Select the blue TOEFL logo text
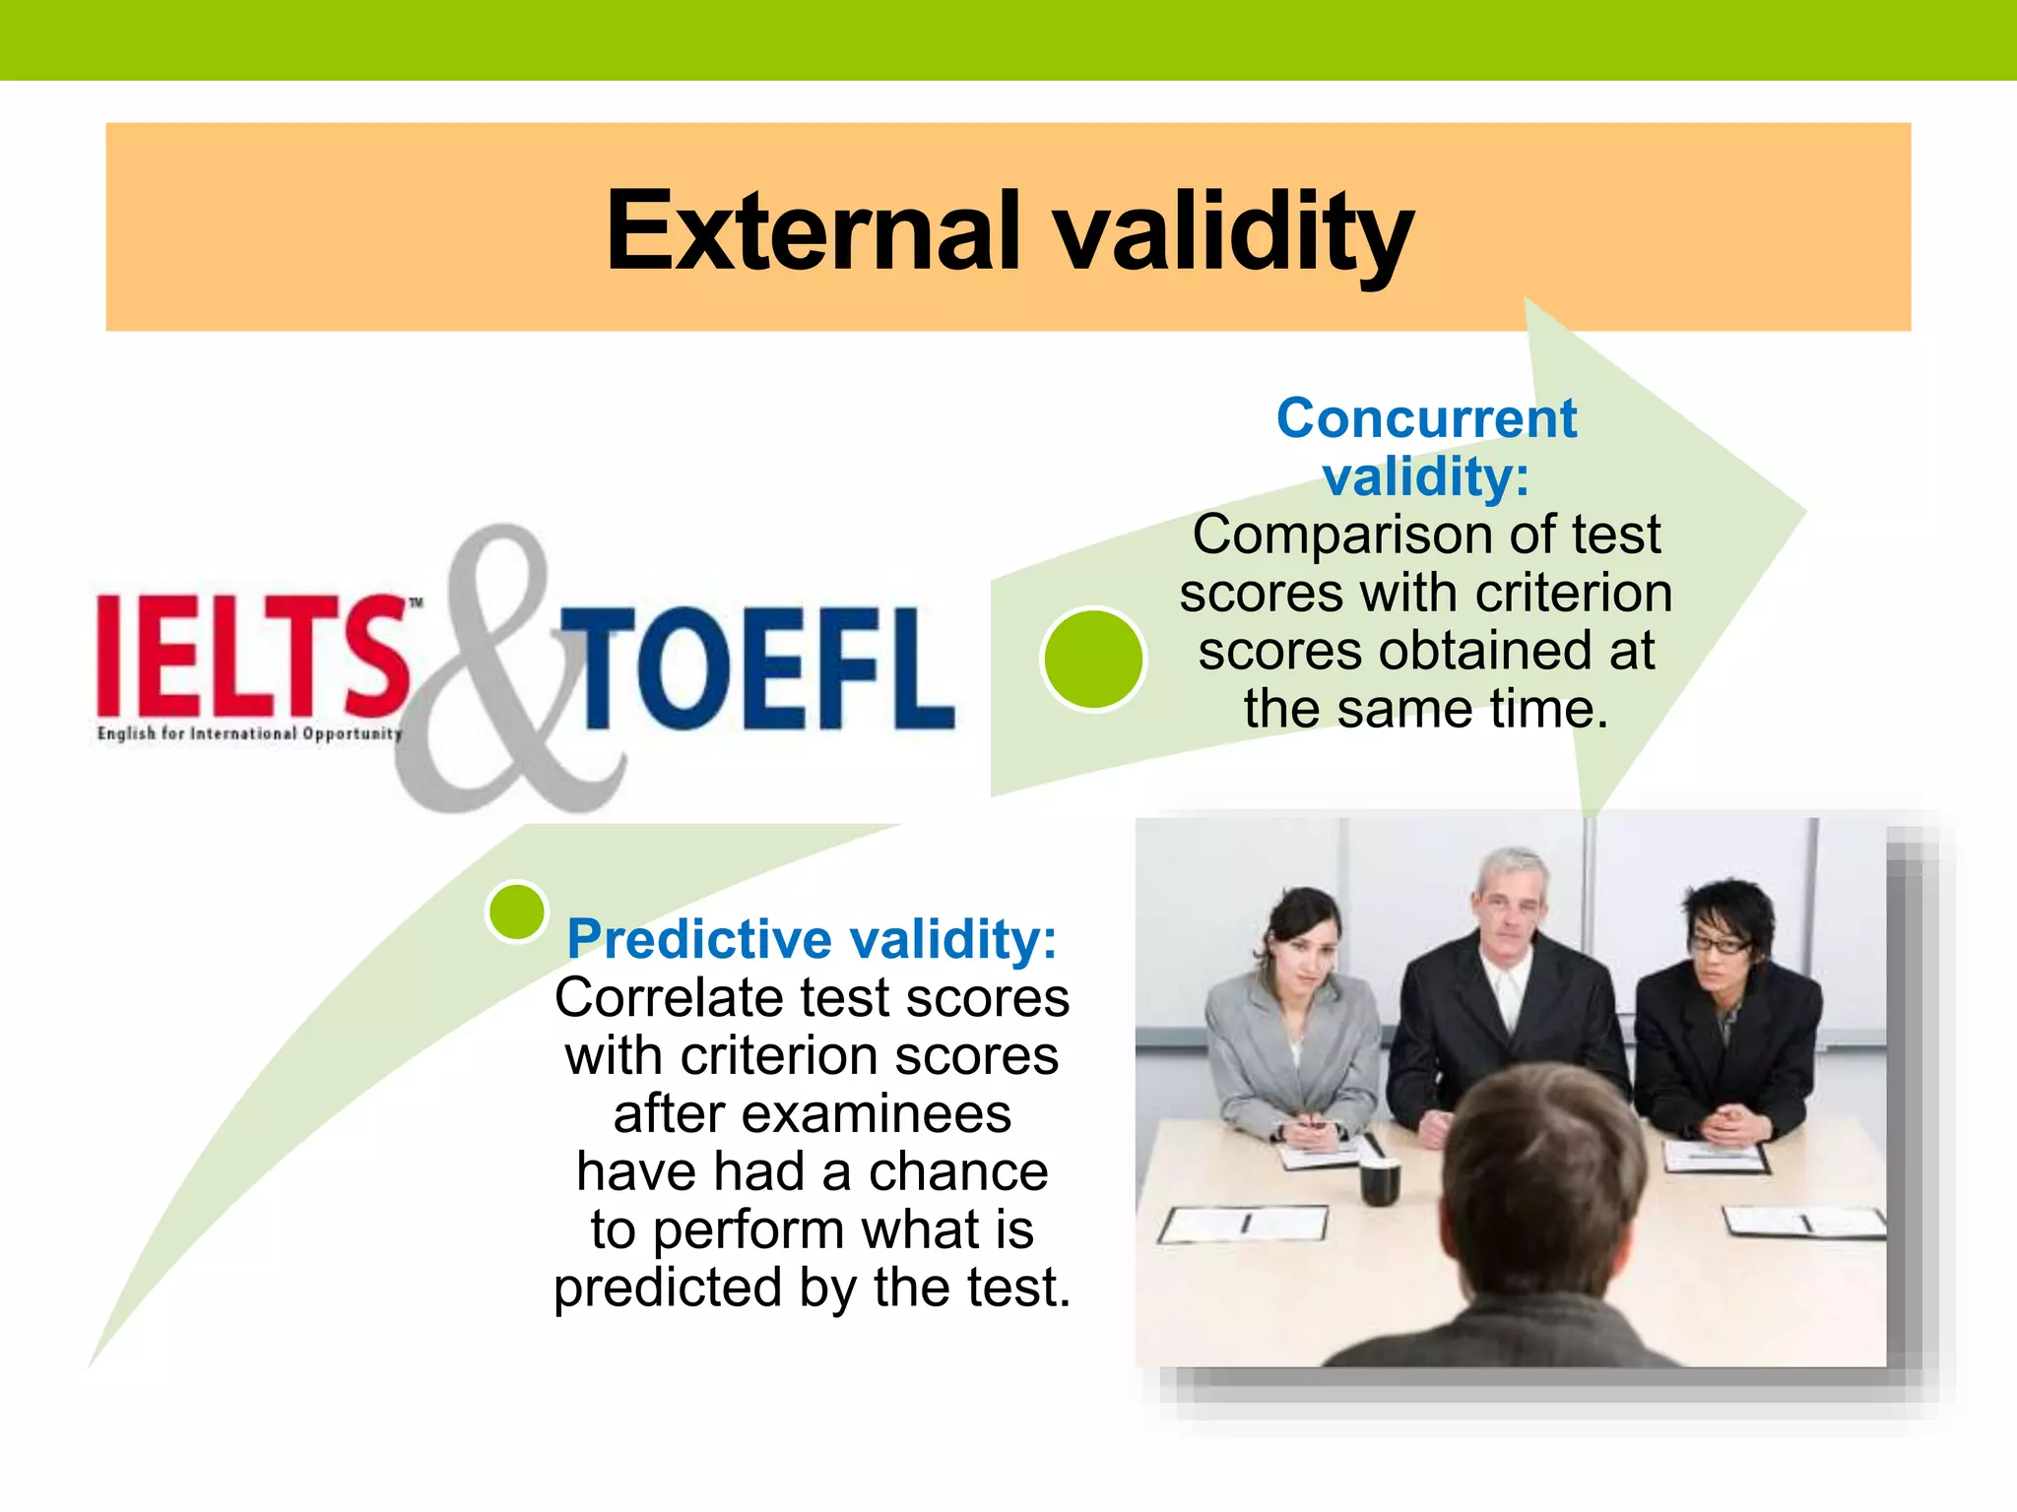coord(758,669)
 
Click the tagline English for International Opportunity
coord(250,733)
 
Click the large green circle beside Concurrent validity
coord(1093,659)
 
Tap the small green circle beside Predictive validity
coord(517,912)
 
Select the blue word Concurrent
coord(1426,418)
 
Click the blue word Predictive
coord(701,939)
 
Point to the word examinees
coord(877,1113)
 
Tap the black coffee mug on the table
coord(1380,1181)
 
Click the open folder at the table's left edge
coord(1243,1225)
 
